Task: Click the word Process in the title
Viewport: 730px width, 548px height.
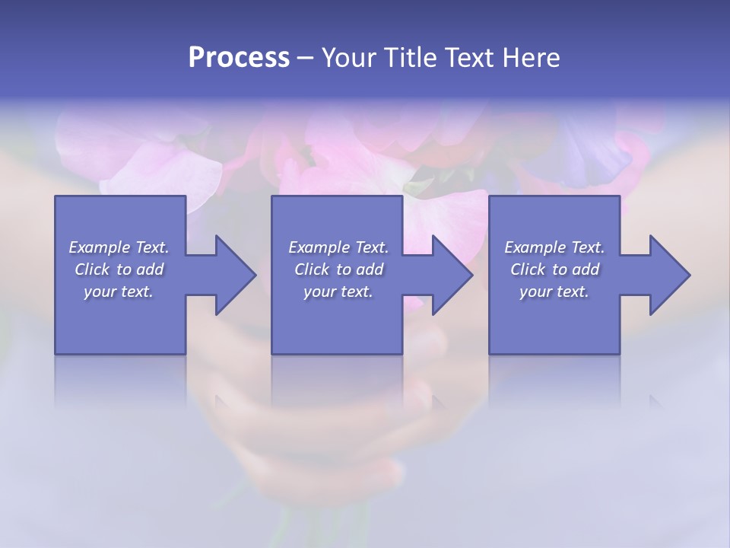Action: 239,58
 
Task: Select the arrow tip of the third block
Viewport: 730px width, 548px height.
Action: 689,275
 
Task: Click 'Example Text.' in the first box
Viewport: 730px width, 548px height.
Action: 119,247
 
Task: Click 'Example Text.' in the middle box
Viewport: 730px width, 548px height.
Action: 338,247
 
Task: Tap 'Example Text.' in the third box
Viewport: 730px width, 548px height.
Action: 554,247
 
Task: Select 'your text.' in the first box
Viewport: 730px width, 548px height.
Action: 119,292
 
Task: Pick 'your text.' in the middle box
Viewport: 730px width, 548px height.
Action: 338,292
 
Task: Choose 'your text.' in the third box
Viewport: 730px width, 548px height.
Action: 554,292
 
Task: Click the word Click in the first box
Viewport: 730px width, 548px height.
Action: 92,269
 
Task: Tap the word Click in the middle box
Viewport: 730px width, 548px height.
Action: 312,269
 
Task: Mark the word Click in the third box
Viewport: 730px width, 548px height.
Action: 528,269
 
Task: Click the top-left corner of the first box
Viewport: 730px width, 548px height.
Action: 56,196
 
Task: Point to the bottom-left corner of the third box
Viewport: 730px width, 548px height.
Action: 490,353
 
